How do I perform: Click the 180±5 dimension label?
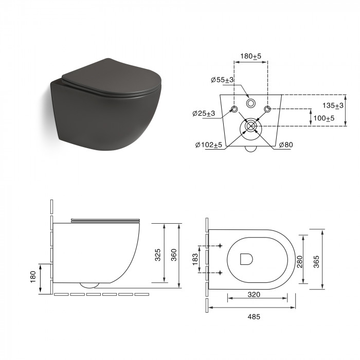(251, 56)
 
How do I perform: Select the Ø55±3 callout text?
(222, 80)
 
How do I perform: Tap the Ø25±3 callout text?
(204, 114)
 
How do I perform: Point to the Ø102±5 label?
(209, 145)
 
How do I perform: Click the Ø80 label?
(286, 145)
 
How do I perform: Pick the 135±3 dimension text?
(333, 105)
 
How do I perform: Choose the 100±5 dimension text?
(324, 118)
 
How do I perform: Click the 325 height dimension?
(158, 255)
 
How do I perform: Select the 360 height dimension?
(174, 255)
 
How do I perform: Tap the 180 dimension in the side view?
(33, 277)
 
